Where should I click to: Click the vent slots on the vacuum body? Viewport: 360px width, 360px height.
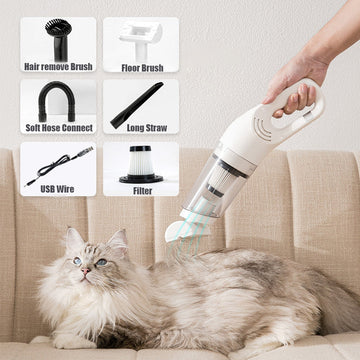point(264,128)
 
